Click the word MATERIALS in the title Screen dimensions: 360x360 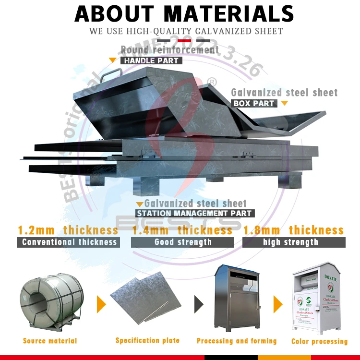click(x=227, y=13)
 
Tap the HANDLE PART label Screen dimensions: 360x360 click(x=151, y=61)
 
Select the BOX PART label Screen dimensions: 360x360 click(x=254, y=103)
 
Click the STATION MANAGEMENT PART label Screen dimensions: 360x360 click(x=194, y=213)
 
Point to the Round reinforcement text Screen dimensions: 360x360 click(x=169, y=50)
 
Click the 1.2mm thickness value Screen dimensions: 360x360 click(x=68, y=230)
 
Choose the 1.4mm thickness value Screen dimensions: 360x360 click(x=182, y=230)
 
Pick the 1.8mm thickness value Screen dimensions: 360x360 click(x=293, y=230)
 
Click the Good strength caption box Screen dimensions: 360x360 click(x=183, y=242)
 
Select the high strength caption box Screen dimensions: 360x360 click(x=293, y=242)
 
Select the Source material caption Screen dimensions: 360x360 click(x=50, y=341)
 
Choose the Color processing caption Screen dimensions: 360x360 click(x=319, y=341)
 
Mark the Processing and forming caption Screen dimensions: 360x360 click(x=237, y=341)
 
